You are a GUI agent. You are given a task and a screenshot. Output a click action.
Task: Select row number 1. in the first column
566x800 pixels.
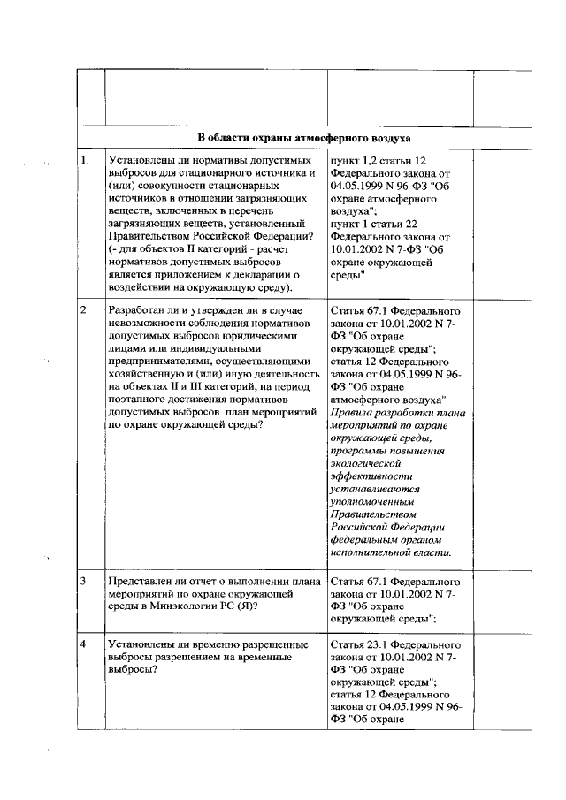point(85,161)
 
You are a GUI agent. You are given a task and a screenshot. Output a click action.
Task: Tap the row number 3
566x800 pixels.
point(82,583)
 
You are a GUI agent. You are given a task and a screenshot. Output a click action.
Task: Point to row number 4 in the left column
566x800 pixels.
point(82,644)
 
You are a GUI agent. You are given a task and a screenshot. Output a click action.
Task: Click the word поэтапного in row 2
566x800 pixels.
point(141,398)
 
